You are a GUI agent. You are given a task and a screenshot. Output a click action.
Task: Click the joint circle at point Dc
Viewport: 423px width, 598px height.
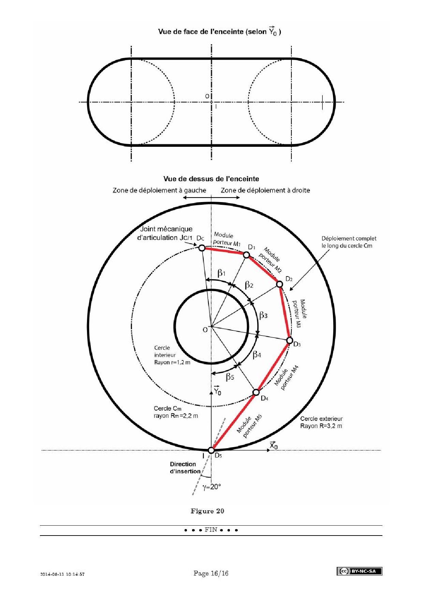coord(202,248)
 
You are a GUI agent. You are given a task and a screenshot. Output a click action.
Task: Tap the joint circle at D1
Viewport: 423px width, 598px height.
coord(246,255)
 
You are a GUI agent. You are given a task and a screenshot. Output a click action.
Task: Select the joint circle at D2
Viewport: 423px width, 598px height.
coord(279,284)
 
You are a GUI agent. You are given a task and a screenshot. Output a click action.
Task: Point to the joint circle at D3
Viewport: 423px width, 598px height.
coord(289,340)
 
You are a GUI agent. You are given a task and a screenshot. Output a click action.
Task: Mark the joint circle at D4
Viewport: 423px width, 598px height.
coord(256,392)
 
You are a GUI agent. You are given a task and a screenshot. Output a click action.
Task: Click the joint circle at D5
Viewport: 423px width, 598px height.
coord(211,450)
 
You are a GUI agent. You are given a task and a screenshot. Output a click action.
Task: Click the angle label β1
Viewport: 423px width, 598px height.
coord(221,273)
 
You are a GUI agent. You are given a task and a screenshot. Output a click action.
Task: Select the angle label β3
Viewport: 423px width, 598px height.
coord(263,315)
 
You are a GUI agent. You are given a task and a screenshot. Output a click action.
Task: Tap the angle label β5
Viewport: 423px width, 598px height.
coord(230,377)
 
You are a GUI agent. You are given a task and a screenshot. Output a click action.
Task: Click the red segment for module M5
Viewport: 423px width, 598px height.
coord(233,422)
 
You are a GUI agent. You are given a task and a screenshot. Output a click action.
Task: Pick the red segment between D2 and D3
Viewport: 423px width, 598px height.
coord(285,312)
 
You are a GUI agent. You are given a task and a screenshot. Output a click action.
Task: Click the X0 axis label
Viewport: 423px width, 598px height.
coord(274,445)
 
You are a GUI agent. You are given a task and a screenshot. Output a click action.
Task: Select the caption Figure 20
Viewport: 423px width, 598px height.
coord(207,511)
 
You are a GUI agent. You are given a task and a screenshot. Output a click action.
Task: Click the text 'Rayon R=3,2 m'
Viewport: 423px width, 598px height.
coord(321,426)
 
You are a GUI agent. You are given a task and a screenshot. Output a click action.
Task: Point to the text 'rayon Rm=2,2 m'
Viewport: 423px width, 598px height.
coord(176,416)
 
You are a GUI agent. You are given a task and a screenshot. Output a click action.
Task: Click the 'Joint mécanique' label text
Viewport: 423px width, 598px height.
coord(166,229)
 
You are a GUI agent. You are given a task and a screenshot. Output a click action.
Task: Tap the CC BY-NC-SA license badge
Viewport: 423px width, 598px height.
coord(359,571)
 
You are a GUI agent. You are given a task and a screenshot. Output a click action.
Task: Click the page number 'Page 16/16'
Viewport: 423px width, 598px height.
coord(211,573)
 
